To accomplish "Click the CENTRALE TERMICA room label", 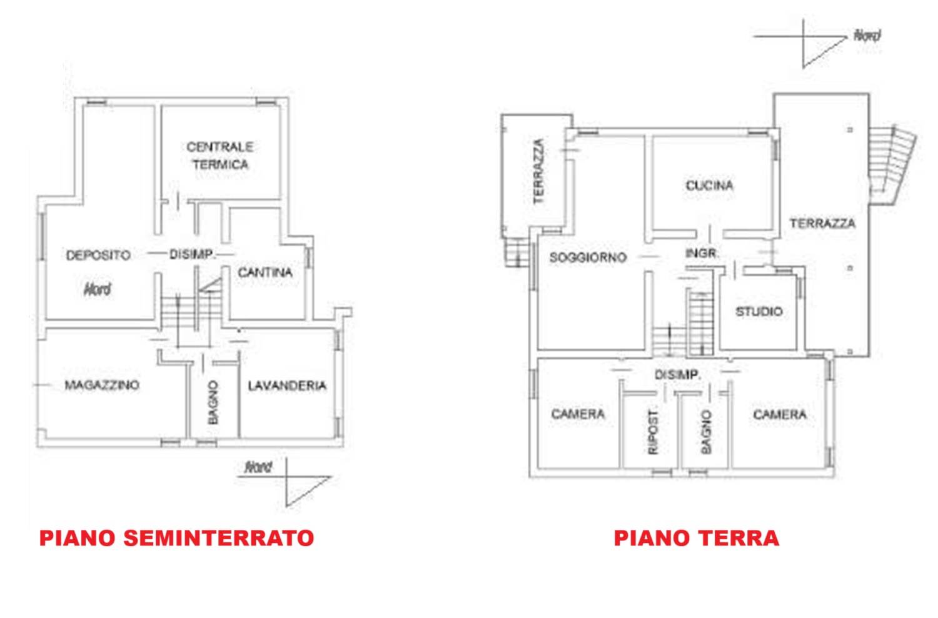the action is [x=220, y=156].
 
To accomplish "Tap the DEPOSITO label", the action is [x=98, y=255].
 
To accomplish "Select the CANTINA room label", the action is [x=265, y=272].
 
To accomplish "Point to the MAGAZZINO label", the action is [x=102, y=385].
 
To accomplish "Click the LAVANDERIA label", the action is [x=287, y=385].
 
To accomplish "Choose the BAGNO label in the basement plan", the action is [x=213, y=402].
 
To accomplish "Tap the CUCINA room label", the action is [x=709, y=185].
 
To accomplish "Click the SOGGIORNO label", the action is [x=588, y=257].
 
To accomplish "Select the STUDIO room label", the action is [x=759, y=312].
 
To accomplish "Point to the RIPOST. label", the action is [x=653, y=432].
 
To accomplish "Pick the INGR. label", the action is [x=702, y=253].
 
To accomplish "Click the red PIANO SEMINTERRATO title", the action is [x=177, y=538].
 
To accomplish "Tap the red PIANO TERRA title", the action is [x=697, y=538].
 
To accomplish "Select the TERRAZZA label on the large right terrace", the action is [x=822, y=223].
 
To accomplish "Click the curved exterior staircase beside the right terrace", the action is [x=892, y=163].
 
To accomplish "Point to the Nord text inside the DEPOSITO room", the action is [x=97, y=289].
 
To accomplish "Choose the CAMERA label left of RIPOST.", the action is [x=578, y=414].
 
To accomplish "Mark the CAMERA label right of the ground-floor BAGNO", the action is [x=780, y=414].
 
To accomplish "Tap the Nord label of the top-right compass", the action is [x=867, y=36].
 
